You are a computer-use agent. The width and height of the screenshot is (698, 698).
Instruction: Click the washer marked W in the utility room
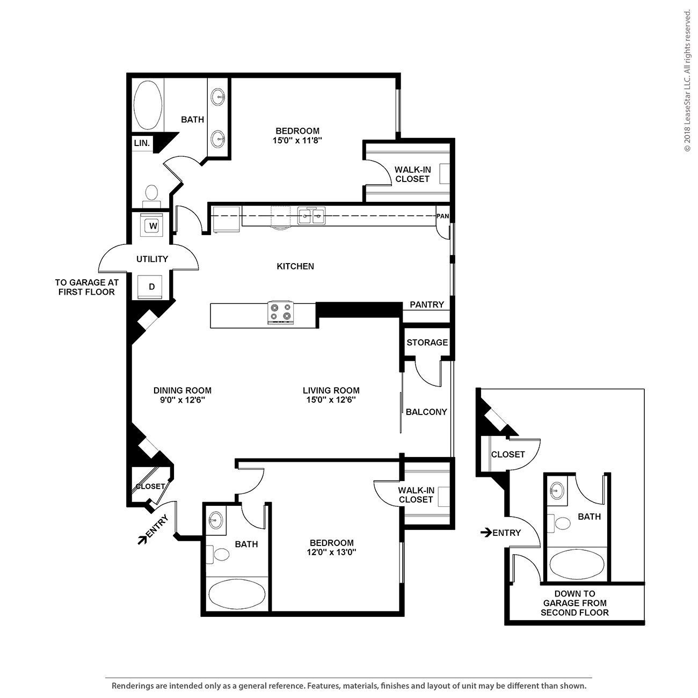coord(153,226)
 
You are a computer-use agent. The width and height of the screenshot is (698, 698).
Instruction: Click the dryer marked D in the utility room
coord(152,287)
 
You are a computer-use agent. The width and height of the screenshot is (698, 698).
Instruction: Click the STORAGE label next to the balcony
coord(427,343)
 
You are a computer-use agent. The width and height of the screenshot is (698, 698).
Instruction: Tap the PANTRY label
coord(427,305)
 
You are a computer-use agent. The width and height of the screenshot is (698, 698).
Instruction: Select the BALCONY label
coord(426,412)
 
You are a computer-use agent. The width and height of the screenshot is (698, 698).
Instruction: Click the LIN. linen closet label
coord(142,143)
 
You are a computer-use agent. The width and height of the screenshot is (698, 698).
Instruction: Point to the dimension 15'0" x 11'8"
coord(297,140)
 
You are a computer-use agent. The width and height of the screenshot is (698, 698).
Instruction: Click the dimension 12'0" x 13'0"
coord(332,552)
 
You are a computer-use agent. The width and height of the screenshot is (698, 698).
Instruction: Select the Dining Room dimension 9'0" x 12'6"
coord(183,400)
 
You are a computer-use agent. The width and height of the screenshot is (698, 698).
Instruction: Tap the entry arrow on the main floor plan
coord(143,540)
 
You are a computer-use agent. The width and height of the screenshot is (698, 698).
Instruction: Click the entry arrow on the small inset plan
coord(486,533)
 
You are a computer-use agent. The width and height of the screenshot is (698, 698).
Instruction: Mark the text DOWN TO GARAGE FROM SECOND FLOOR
coord(575,603)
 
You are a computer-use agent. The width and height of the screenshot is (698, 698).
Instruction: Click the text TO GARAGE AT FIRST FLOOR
coord(86,287)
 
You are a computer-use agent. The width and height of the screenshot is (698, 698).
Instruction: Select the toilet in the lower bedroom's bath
coord(220,554)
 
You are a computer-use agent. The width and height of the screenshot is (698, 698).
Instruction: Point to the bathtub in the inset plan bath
coord(577,564)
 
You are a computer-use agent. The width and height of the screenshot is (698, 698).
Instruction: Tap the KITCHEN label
coord(295,266)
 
